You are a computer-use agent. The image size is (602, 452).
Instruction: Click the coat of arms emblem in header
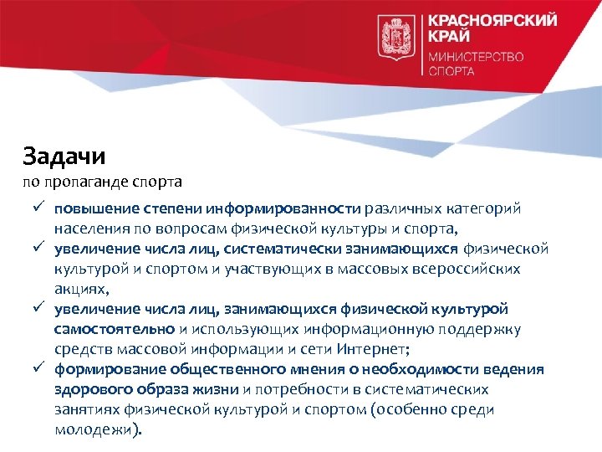coord(396,37)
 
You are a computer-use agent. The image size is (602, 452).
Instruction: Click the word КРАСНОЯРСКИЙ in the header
coord(492,21)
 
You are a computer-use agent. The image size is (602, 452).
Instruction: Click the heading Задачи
coord(64,156)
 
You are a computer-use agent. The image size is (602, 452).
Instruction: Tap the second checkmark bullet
coord(38,249)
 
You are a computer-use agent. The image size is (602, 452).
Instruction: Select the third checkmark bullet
coord(38,309)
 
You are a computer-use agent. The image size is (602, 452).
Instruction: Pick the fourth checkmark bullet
coord(38,369)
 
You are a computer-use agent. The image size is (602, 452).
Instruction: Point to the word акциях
coord(80,289)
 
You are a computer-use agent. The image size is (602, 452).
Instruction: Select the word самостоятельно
coord(115,329)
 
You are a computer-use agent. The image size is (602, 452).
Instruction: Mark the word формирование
coord(111,369)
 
